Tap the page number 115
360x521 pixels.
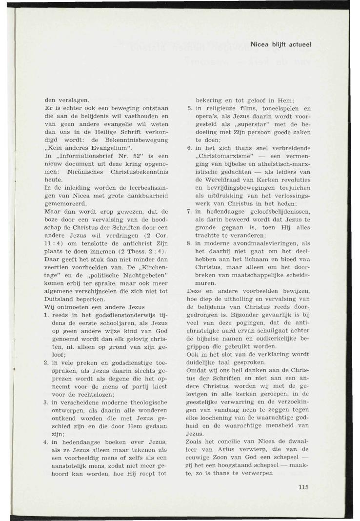point(303,486)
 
